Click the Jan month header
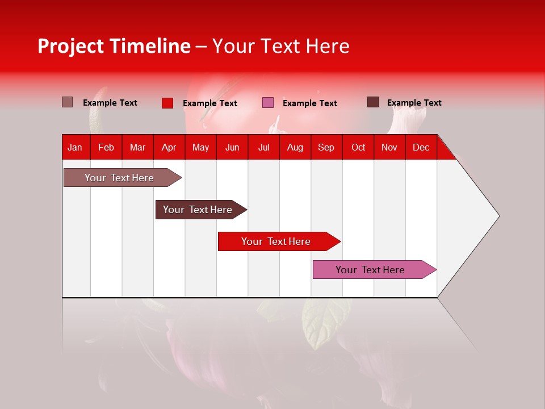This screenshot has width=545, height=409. coord(75,147)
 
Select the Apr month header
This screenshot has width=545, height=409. coord(169,147)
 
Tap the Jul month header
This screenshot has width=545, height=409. coord(263,147)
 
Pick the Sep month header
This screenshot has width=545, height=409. coord(326,147)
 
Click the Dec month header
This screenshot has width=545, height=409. coord(421,147)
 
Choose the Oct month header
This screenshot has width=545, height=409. coord(358,147)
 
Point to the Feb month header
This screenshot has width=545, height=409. coord(106,147)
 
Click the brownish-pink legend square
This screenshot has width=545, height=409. coord(67,102)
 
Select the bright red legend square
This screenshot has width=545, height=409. coord(167,103)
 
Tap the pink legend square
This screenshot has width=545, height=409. coord(268,103)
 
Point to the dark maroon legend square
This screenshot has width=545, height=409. coord(372,102)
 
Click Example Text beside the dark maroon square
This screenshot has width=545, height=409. coord(414,103)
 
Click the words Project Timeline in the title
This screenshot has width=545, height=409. coord(114,46)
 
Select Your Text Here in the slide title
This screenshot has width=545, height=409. coord(280,46)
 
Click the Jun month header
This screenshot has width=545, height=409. coord(232,147)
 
